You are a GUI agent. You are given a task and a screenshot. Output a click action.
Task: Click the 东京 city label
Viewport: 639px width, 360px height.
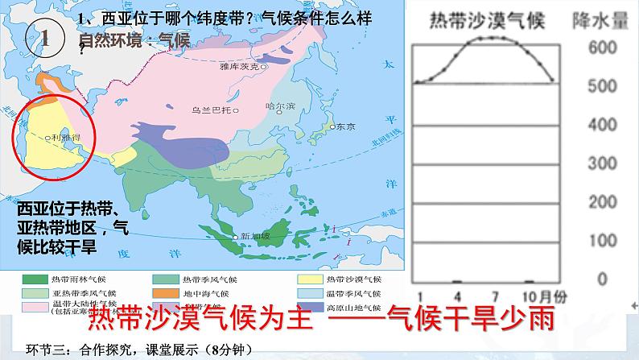pos(344,126)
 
